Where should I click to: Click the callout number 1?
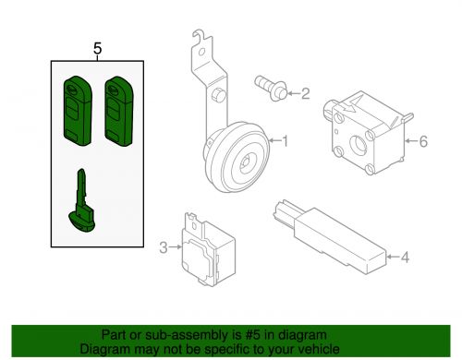coord(286,141)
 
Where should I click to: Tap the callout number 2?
coord(306,92)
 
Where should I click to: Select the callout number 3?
coord(163,247)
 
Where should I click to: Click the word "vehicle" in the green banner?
coord(318,349)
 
